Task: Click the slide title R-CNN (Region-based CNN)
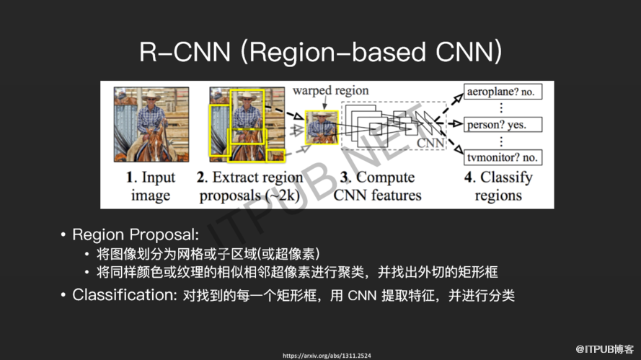320,53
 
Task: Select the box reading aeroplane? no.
503,92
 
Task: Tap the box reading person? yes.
503,124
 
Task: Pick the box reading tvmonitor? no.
503,157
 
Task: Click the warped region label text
330,90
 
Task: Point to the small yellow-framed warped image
322,128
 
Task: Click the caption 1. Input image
151,186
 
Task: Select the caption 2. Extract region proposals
249,186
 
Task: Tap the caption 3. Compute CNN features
377,186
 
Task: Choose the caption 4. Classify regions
498,186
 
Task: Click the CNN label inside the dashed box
430,143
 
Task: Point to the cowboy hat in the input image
151,96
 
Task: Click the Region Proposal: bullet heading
136,234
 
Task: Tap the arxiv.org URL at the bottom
327,356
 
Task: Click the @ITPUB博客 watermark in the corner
605,349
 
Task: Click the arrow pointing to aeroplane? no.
449,107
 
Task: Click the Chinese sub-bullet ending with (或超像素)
208,254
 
